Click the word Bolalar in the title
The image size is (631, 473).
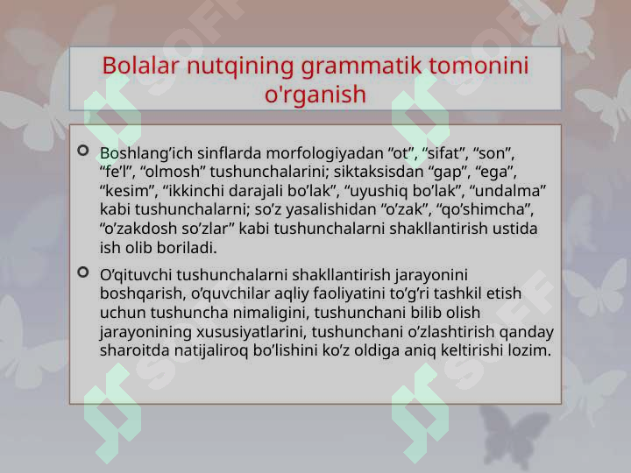(x=140, y=65)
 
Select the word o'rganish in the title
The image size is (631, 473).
(x=315, y=95)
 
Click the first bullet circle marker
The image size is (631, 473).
(x=83, y=151)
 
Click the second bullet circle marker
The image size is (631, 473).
(x=83, y=272)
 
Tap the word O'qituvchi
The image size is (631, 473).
(x=136, y=275)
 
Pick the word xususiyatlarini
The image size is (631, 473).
(x=252, y=332)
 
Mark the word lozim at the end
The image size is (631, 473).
(x=529, y=350)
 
